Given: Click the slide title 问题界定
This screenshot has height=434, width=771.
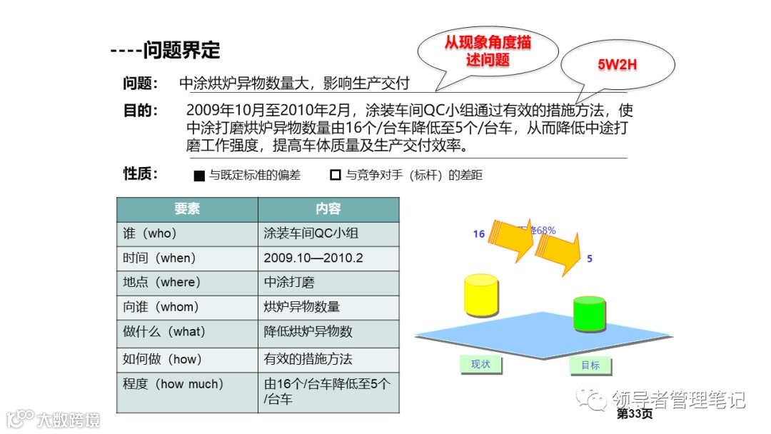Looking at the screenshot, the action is tap(181, 51).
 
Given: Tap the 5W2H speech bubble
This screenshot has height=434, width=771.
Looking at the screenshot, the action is tap(617, 66).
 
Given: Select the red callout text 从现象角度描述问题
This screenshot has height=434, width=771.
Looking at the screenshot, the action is tap(488, 51).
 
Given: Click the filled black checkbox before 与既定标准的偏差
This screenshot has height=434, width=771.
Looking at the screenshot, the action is tap(199, 176).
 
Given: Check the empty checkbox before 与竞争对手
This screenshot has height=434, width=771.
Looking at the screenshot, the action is tap(335, 175).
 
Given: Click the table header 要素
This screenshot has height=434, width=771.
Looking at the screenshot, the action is tap(187, 209).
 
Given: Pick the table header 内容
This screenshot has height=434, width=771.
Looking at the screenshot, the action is tap(328, 209).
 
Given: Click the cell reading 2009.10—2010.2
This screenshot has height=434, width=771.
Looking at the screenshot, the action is tap(313, 258).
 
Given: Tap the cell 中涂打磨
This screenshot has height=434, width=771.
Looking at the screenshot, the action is tap(288, 282).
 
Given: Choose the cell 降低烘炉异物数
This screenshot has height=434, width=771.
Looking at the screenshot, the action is tap(308, 331).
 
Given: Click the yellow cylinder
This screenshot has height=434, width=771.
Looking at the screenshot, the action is tap(480, 294).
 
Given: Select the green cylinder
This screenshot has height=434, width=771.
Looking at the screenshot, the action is tap(589, 313).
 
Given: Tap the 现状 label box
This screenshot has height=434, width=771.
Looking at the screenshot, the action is tap(480, 365).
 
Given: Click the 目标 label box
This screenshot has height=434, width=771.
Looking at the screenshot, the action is tap(590, 365).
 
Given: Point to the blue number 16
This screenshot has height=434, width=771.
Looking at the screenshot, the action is tap(478, 233).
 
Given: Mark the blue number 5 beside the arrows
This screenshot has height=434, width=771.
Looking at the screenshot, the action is tap(590, 258).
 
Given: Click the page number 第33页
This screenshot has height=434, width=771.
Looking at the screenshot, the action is tap(635, 414).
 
